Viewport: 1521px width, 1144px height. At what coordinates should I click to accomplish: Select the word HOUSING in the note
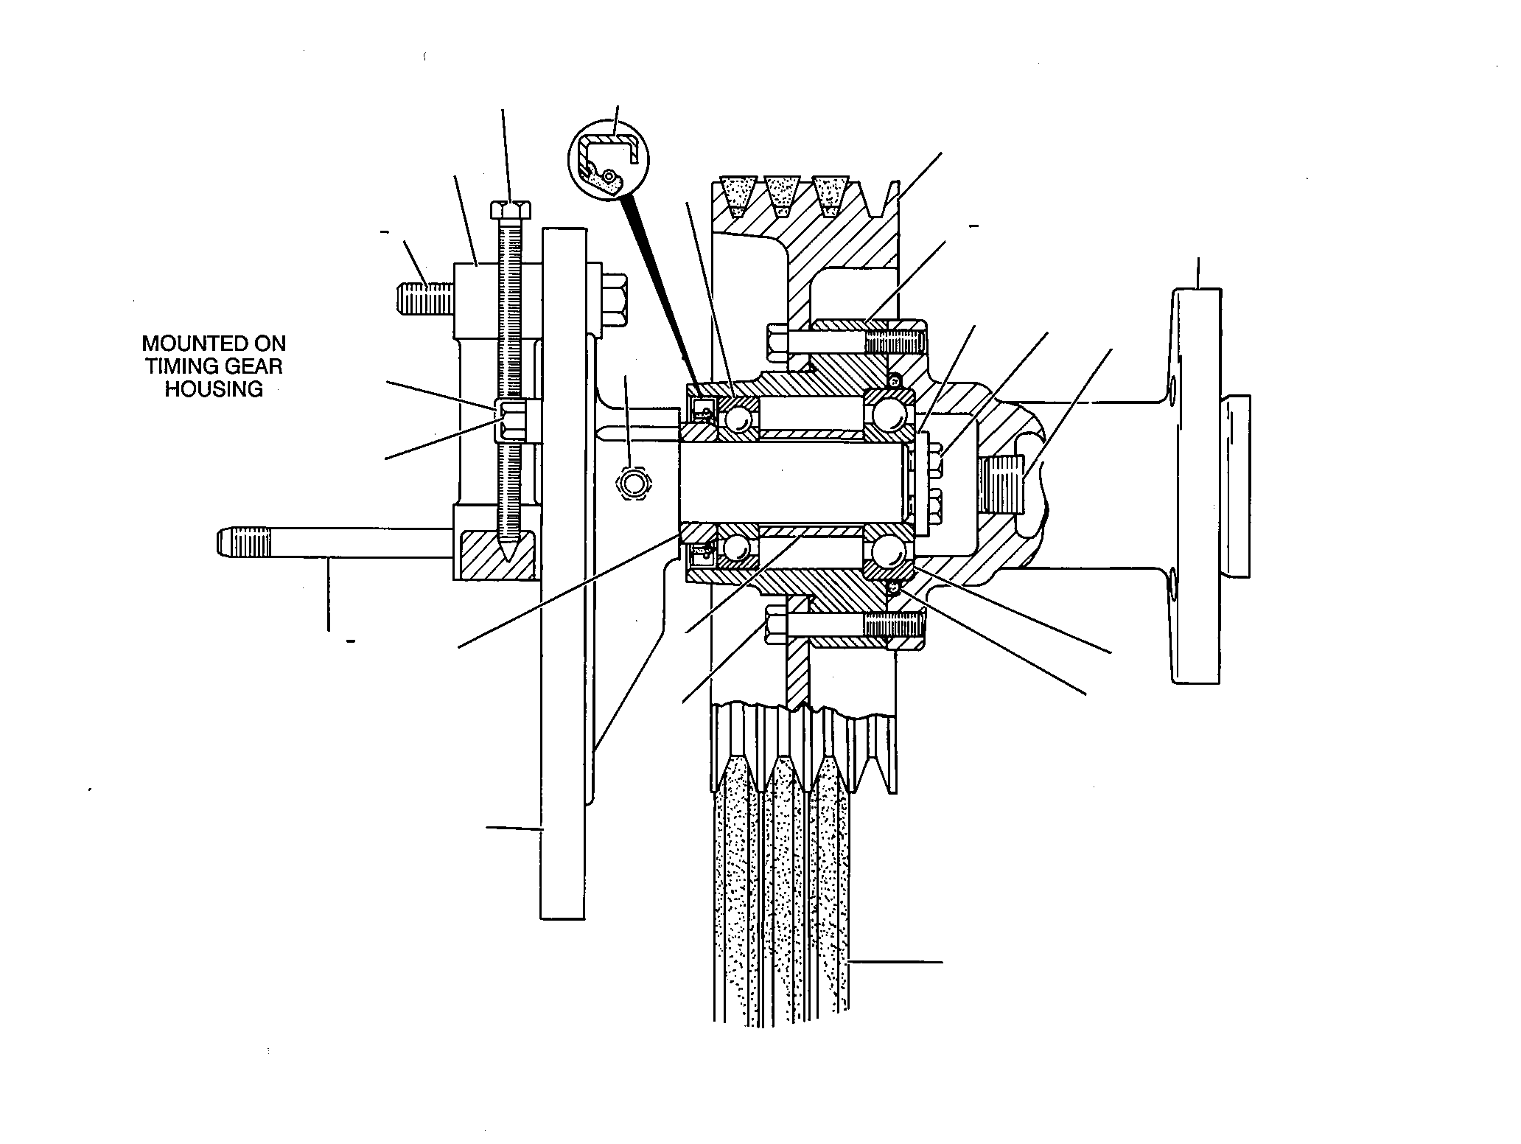click(214, 389)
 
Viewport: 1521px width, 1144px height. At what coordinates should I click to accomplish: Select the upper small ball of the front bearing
click(737, 419)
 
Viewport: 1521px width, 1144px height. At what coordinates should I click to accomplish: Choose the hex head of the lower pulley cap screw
click(780, 624)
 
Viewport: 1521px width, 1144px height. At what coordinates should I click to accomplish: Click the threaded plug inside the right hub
click(1002, 484)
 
